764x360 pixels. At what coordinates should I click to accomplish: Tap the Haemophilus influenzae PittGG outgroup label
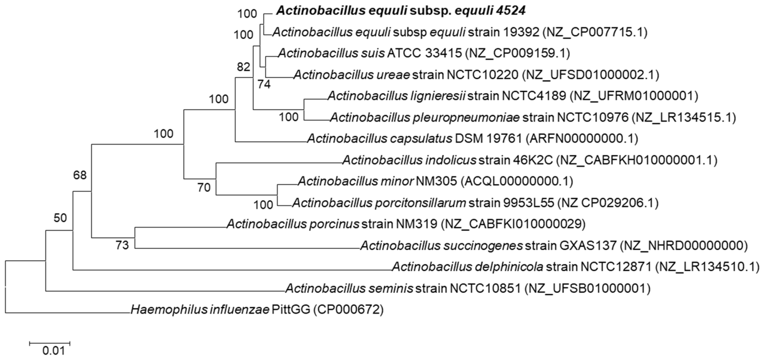(257, 309)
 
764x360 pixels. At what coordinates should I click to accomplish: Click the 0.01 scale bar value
(53, 351)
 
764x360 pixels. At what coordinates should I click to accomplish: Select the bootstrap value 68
(80, 175)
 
